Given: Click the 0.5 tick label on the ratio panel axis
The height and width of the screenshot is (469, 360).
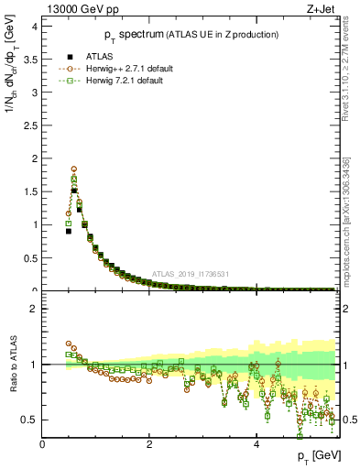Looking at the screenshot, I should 29,420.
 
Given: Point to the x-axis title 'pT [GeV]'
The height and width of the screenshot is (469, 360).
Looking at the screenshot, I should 319,455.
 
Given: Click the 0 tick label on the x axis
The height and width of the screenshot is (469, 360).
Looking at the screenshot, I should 43,444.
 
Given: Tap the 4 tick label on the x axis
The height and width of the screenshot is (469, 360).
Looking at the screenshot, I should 256,444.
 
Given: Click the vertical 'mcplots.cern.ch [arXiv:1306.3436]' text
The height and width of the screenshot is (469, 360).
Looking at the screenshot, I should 348,208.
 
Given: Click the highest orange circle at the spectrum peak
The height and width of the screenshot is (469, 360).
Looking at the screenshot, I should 74,169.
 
